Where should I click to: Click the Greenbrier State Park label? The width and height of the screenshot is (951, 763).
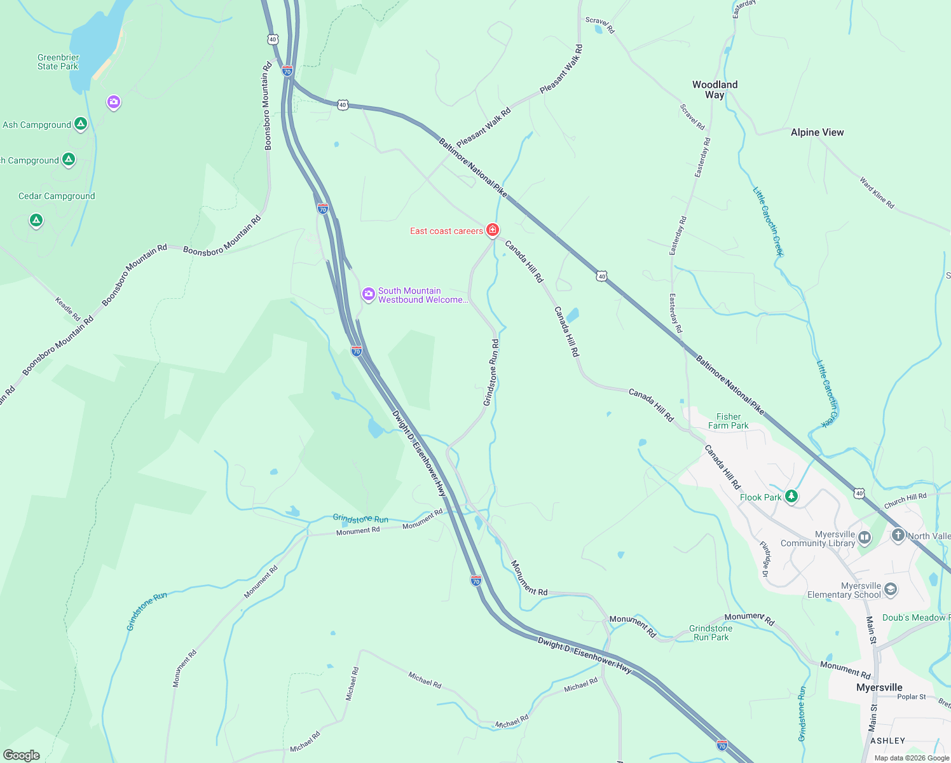click(58, 62)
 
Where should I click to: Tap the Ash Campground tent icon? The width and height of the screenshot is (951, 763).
click(81, 124)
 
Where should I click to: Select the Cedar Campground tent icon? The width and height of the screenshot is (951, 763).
click(36, 221)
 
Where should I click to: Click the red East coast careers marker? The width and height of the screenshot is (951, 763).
click(492, 230)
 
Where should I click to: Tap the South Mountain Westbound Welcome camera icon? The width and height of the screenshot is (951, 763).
click(368, 294)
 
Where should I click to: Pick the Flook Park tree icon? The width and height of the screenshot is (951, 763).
click(791, 496)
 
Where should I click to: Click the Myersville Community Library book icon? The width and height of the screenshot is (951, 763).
click(865, 538)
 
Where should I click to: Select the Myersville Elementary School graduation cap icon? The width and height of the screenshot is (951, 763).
click(891, 589)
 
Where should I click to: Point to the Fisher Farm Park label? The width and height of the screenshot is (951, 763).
click(728, 421)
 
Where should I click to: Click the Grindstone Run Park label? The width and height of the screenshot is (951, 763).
click(711, 633)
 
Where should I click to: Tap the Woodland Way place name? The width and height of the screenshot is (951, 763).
click(715, 90)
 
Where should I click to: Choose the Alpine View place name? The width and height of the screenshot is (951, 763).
click(817, 132)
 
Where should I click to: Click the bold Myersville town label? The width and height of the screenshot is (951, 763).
click(879, 687)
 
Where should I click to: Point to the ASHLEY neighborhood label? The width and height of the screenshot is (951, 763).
click(887, 741)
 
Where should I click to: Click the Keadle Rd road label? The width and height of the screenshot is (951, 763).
click(67, 309)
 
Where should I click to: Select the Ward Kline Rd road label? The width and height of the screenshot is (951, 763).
click(877, 193)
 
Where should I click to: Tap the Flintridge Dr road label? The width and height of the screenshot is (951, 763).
click(765, 559)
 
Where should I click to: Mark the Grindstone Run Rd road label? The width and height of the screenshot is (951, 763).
click(491, 372)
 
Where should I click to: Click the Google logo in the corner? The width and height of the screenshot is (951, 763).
click(22, 755)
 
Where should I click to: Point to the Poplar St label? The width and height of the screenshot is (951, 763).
click(912, 697)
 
